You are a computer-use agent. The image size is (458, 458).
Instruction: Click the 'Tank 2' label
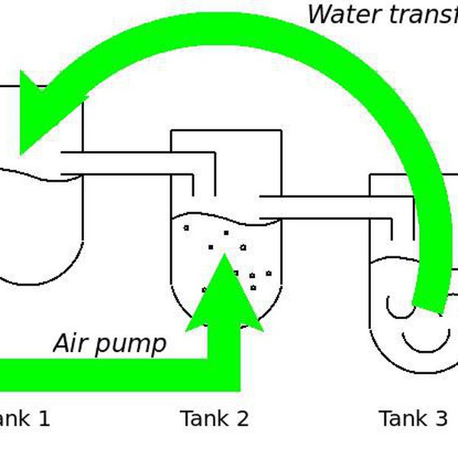click(214, 418)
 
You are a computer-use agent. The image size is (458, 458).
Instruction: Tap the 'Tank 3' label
click(413, 418)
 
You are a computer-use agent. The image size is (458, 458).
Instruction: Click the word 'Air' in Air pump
click(69, 343)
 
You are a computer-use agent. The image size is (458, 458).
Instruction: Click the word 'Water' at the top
click(340, 14)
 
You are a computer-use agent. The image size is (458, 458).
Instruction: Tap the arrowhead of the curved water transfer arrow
click(38, 114)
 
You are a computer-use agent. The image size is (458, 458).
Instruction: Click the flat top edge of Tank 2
click(227, 131)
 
